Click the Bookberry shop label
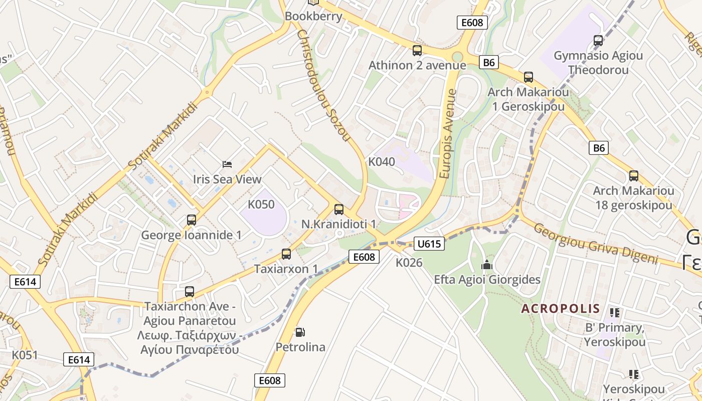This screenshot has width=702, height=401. [x=313, y=16]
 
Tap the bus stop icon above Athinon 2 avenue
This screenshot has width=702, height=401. [x=417, y=51]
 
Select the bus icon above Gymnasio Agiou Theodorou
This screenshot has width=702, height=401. [x=598, y=41]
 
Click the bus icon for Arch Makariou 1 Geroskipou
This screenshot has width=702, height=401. [x=529, y=77]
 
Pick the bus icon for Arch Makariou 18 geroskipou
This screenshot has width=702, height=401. [x=634, y=176]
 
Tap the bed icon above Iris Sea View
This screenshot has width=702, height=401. [x=227, y=164]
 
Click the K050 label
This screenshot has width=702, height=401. [x=261, y=204]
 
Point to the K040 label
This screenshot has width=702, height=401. [x=382, y=161]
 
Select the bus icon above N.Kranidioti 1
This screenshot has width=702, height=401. [x=339, y=210]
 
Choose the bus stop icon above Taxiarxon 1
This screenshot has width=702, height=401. [x=286, y=254]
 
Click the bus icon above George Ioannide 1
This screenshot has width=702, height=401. [x=191, y=220]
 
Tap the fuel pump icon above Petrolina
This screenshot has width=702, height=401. [x=300, y=332]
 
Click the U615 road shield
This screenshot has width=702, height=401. [x=429, y=244]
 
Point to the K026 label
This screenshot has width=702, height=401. [x=409, y=262]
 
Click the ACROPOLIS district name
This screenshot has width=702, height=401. [x=561, y=308]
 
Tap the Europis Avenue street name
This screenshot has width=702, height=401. [x=448, y=134]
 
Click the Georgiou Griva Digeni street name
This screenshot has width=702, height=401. [x=595, y=244]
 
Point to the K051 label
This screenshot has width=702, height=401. [x=25, y=355]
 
